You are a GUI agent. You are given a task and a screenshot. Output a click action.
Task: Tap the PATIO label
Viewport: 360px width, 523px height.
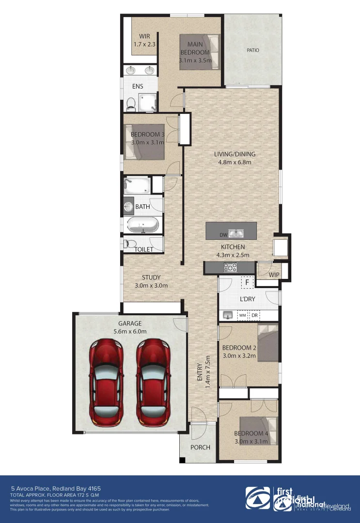(252, 50)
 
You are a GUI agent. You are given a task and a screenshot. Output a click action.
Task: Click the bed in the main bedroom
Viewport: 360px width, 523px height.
(199, 52)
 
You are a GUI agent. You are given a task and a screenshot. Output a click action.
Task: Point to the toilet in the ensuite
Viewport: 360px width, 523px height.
(130, 103)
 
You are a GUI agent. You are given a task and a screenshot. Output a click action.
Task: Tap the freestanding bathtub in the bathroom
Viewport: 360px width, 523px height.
(142, 225)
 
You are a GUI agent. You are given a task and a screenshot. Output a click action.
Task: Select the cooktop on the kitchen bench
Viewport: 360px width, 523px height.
(229, 267)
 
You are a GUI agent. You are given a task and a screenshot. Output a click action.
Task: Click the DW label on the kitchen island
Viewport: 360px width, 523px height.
(223, 235)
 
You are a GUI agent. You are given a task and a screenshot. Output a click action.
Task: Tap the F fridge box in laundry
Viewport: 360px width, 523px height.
(247, 282)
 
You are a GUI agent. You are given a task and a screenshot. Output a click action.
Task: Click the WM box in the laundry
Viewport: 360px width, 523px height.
(242, 315)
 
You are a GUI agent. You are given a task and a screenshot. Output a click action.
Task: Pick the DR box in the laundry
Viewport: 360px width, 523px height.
(254, 315)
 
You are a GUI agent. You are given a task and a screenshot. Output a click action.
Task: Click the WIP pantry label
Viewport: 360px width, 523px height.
(274, 275)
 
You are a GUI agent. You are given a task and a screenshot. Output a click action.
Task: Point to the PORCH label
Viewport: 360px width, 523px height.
(200, 447)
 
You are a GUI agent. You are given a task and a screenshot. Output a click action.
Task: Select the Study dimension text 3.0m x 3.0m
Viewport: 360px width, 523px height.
(151, 285)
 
